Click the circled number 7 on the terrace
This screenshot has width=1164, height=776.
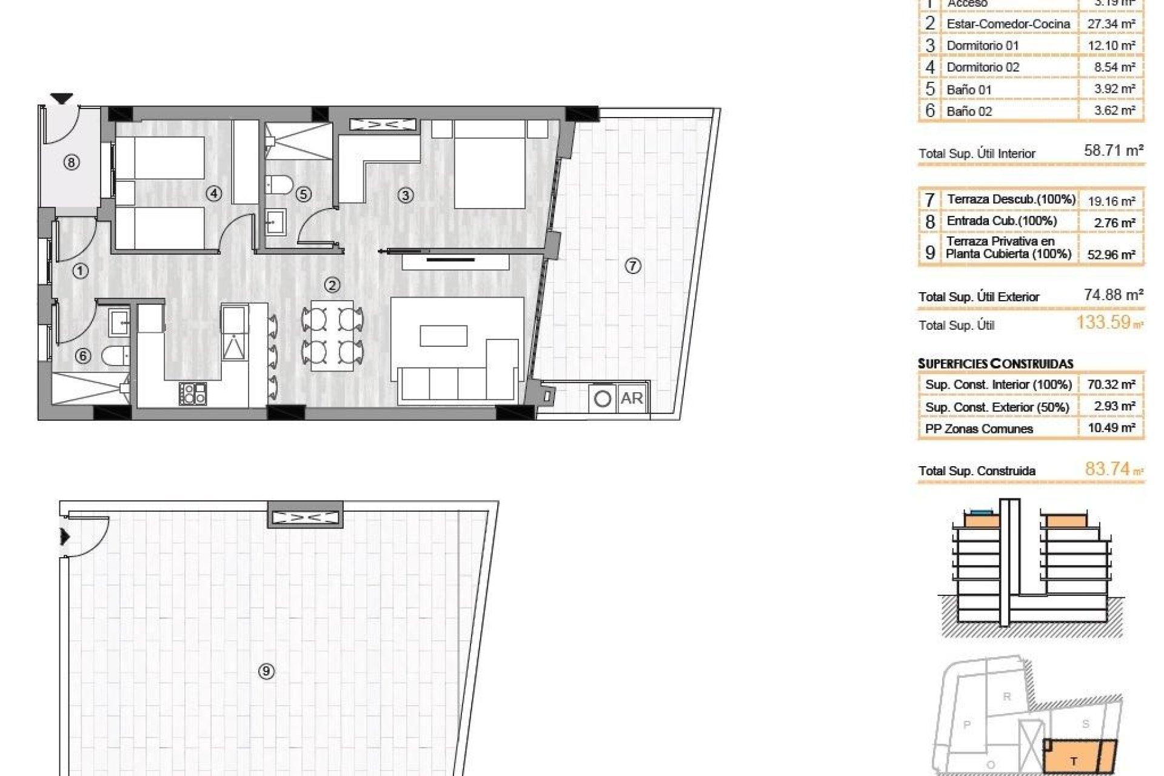pos(632,266)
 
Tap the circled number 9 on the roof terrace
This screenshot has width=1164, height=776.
pos(266,671)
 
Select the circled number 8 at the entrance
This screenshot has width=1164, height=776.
pos(72,162)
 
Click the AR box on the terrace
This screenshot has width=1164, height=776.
pos(632,398)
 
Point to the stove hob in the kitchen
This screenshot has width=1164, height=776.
pos(193,393)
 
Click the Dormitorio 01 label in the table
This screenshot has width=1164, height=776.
pos(982,45)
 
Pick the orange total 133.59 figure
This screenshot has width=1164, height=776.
pos(1103,322)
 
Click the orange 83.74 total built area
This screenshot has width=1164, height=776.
pos(1107,469)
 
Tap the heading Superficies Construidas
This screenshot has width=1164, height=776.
pos(995,364)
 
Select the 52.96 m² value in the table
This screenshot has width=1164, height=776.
pos(1111,255)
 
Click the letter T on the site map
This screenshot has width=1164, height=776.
pos(1074,761)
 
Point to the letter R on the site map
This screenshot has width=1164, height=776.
pos(1006,697)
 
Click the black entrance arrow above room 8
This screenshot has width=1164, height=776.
pos(61,98)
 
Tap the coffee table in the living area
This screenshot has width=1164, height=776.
pos(443,336)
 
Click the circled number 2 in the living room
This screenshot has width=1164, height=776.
pos(332,285)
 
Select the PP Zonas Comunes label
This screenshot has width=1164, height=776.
pos(978,429)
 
